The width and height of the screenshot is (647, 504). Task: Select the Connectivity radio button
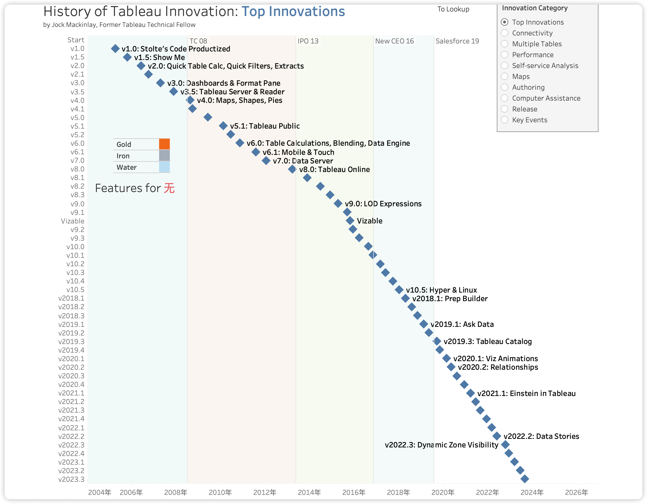(x=505, y=33)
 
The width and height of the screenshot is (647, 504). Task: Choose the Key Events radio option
(x=505, y=120)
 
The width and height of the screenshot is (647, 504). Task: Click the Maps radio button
(x=505, y=76)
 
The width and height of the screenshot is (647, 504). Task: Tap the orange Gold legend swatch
(x=164, y=144)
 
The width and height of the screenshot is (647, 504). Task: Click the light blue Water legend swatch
(x=164, y=167)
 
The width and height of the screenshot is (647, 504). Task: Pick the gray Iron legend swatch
(x=164, y=156)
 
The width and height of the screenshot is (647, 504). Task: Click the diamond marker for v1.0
(x=115, y=49)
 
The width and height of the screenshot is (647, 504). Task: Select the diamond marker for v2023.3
(x=525, y=479)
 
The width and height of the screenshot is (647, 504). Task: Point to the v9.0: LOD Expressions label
(x=383, y=204)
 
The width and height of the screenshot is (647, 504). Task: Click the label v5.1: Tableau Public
(x=265, y=126)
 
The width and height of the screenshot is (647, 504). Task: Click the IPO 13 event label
(x=308, y=41)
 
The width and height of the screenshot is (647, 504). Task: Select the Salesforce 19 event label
(x=457, y=41)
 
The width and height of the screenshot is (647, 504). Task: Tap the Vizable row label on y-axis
(x=73, y=221)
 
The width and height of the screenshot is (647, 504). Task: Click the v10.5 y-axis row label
(x=75, y=290)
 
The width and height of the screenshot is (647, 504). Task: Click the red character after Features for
(x=169, y=188)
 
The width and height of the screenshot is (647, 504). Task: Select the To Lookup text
(x=453, y=9)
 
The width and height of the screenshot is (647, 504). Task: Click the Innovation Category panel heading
(x=535, y=8)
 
